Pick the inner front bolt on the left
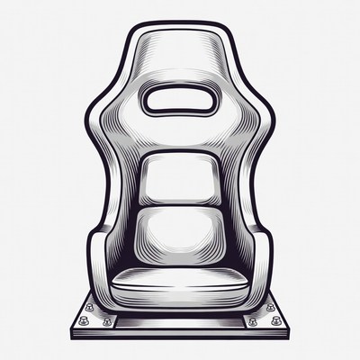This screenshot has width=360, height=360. click(107, 321)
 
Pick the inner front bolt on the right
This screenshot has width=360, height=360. click(253, 321)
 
